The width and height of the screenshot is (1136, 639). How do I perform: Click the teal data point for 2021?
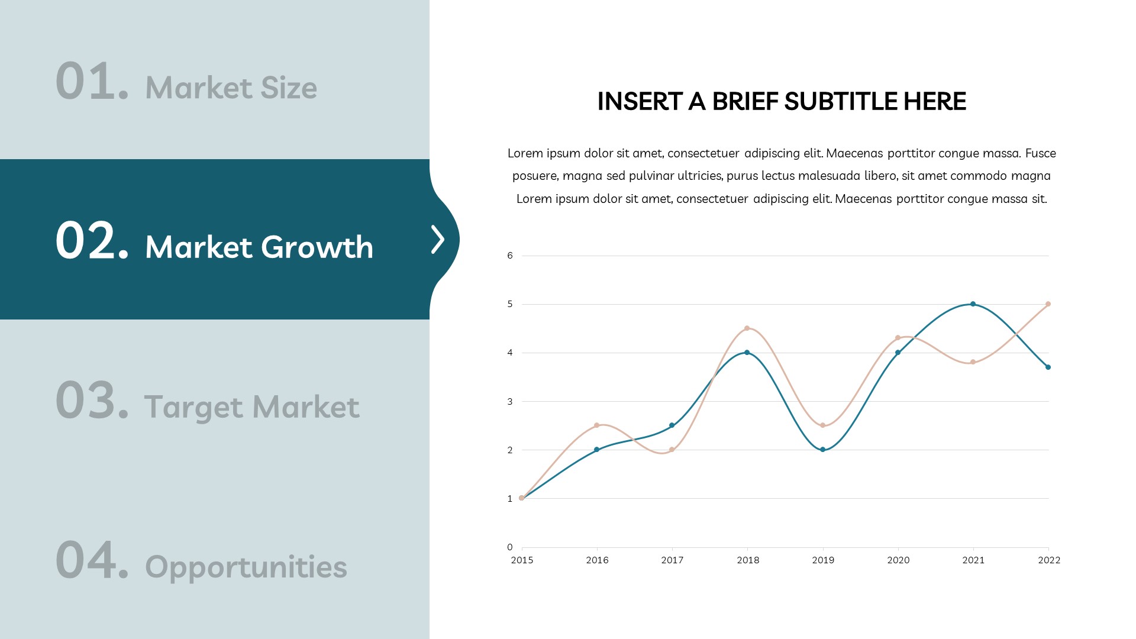(x=973, y=304)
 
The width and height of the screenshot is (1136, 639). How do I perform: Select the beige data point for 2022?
(x=1048, y=304)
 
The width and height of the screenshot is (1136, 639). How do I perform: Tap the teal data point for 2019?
(x=822, y=450)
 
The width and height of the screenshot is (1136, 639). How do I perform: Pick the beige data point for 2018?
(x=747, y=328)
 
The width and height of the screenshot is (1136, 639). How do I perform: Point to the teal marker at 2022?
(x=1048, y=367)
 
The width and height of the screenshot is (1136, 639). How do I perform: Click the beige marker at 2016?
(x=596, y=425)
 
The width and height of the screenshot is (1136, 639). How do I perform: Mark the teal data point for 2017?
(x=672, y=425)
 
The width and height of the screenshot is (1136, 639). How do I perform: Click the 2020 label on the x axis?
(x=898, y=560)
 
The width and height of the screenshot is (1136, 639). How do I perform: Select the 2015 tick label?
(x=522, y=560)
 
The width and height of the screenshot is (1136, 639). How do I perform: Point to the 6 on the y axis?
(x=510, y=256)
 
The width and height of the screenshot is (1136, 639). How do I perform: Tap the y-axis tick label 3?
(x=510, y=402)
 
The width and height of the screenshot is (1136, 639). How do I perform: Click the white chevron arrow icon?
(x=438, y=240)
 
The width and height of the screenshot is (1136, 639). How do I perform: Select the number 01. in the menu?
(x=92, y=81)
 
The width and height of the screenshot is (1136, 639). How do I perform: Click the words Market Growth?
(x=259, y=247)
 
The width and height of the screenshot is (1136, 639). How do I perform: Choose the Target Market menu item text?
(x=251, y=407)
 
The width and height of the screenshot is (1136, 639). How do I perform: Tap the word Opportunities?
(x=246, y=567)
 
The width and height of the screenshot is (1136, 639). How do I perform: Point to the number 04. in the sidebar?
(x=92, y=560)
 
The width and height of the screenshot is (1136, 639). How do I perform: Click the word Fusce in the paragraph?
(x=1041, y=153)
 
